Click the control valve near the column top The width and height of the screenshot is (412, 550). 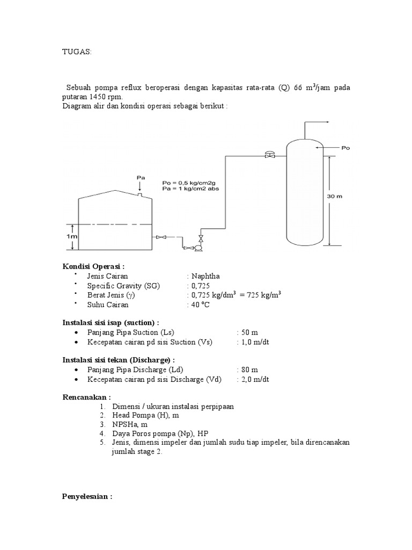(269, 155)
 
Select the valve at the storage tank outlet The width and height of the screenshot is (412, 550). (161, 237)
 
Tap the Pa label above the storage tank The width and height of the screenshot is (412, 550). (141, 177)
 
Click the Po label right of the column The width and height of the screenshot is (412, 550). (345, 146)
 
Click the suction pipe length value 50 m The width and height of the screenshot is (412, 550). (249, 332)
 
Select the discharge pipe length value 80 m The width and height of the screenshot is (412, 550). (249, 370)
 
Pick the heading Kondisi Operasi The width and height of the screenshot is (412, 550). (93, 266)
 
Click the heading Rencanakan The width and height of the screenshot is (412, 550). (87, 397)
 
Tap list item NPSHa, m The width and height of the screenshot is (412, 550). (129, 424)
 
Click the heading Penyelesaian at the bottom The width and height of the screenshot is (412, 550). (87, 497)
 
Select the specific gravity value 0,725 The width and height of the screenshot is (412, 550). (199, 286)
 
